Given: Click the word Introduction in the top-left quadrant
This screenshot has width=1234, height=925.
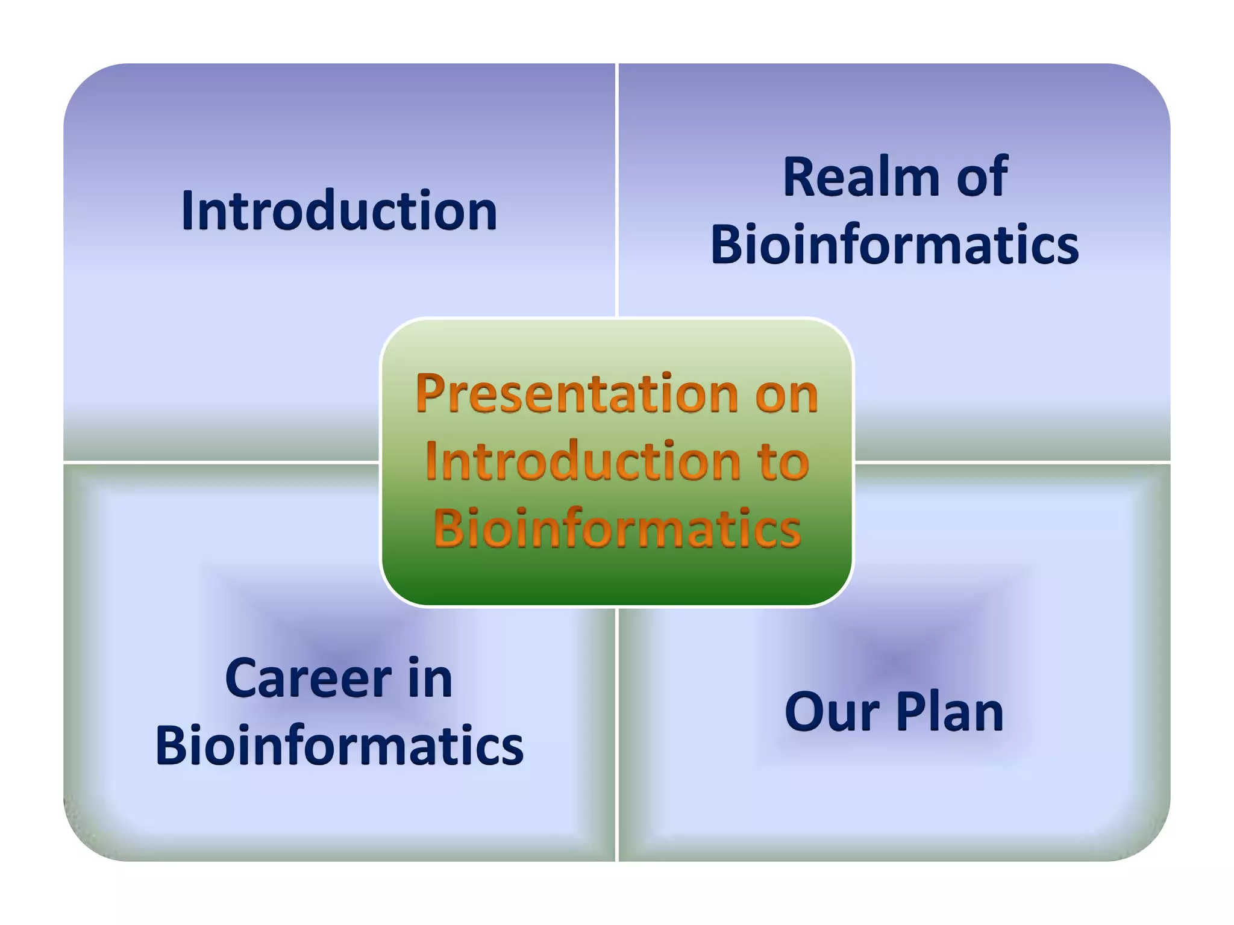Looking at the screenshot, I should click(339, 211).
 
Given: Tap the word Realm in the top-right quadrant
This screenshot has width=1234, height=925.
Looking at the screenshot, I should click(862, 177).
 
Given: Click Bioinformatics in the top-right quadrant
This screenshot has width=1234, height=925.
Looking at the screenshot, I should click(894, 246).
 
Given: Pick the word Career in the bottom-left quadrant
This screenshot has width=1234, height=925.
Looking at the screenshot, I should click(308, 679).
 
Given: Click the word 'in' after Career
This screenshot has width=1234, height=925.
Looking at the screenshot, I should click(430, 679).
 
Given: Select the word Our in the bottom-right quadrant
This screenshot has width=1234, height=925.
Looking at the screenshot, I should click(832, 712).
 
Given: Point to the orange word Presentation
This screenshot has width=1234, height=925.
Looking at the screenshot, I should click(577, 394).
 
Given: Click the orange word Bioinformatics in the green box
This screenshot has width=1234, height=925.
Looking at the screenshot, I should click(617, 529).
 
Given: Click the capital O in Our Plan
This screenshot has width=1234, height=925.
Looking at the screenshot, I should click(804, 712).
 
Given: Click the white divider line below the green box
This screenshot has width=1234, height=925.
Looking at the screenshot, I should click(617, 735).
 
